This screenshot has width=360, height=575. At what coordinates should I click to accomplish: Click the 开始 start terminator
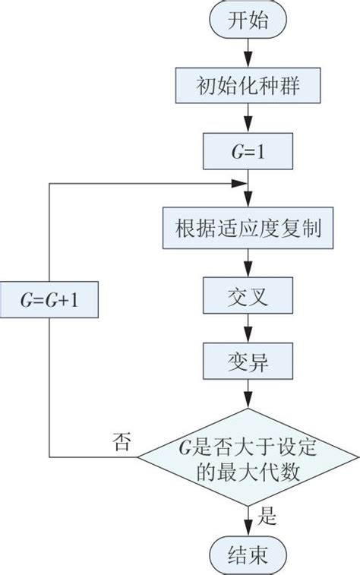coord(248,21)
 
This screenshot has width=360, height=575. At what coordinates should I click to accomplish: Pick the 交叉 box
coord(248,294)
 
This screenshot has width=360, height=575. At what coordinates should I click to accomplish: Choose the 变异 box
coord(248,359)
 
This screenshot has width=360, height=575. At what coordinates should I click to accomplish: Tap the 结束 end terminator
coord(248,551)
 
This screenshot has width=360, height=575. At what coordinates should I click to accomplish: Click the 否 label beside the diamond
coord(122,441)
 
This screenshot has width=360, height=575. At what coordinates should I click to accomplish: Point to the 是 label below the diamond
coord(267,517)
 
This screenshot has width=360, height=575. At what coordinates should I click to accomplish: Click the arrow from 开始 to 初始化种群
coord(248,53)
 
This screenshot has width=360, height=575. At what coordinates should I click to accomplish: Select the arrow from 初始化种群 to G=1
coord(248,118)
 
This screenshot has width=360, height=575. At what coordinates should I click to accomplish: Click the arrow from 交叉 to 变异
coord(248,327)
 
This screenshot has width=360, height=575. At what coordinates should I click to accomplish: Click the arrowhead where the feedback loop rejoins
coord(242,184)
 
